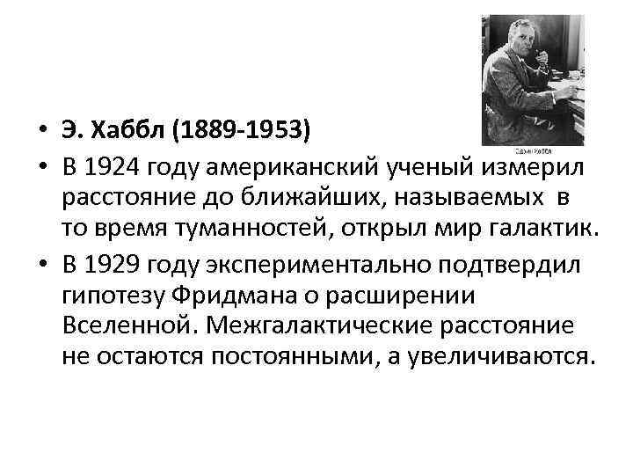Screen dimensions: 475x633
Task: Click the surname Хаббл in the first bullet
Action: [130, 131]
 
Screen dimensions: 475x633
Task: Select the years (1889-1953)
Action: [241, 131]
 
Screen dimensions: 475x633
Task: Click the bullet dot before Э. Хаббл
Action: [40, 132]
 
